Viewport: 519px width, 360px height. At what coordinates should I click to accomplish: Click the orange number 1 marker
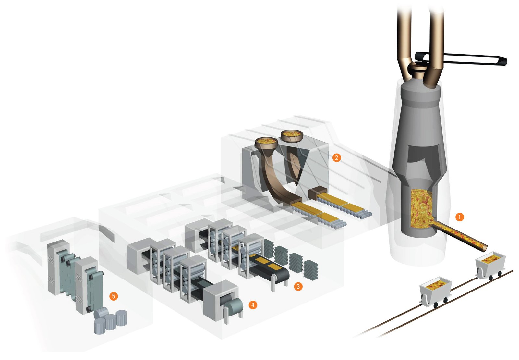click(x=459, y=217)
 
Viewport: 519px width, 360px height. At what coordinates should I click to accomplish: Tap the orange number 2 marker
click(x=336, y=158)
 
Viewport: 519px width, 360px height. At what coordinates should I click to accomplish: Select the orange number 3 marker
click(x=298, y=286)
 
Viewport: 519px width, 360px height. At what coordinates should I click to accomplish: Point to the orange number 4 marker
click(x=253, y=305)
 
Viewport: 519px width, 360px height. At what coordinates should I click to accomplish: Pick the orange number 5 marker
click(x=114, y=296)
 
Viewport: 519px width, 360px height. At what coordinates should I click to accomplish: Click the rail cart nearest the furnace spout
click(x=490, y=266)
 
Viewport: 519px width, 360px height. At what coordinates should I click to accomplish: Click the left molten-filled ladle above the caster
click(x=266, y=142)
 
